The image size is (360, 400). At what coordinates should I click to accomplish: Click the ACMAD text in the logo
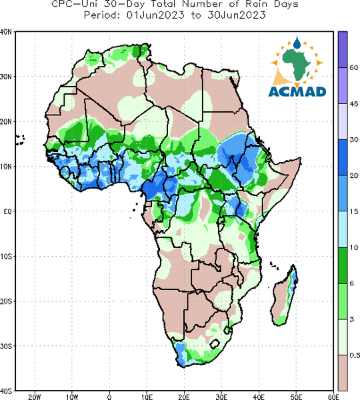(297, 91)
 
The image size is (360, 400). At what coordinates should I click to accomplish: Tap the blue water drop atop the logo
(297, 43)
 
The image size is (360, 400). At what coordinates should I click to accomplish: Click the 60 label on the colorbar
(353, 67)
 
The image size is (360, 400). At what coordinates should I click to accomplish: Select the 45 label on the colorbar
(353, 103)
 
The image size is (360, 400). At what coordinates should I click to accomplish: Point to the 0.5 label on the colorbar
(355, 355)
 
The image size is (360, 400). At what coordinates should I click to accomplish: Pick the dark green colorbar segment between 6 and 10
(343, 265)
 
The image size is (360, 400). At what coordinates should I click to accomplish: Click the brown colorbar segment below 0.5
(343, 373)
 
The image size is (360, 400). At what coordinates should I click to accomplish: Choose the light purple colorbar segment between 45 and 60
(343, 85)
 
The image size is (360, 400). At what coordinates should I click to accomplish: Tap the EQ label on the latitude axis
(7, 211)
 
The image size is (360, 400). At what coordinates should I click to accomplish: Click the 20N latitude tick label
(6, 122)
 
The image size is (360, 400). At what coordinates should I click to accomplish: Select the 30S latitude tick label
(6, 346)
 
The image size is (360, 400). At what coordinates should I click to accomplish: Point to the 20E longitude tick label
(184, 397)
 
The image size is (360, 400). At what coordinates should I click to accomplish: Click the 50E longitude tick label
(296, 397)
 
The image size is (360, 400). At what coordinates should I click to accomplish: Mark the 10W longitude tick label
(72, 397)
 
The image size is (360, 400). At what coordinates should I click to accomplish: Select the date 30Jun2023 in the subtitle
(237, 15)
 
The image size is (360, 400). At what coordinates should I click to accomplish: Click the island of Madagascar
(284, 295)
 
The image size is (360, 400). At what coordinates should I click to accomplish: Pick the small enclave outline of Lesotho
(215, 344)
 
